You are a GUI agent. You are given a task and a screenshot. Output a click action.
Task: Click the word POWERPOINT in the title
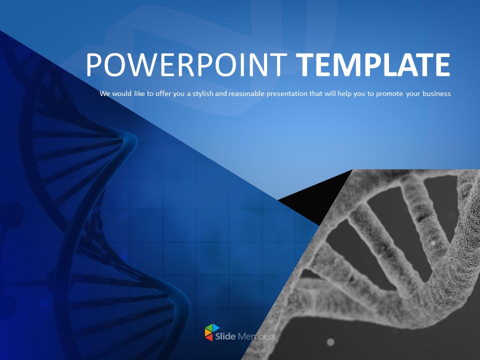(x=186, y=64)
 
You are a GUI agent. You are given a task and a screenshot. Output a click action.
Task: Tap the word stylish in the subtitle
(x=203, y=93)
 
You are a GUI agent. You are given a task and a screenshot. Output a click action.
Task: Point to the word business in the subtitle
(x=436, y=93)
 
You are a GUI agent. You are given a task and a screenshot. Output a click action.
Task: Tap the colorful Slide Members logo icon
(x=212, y=332)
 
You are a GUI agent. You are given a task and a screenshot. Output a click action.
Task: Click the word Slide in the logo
(x=225, y=336)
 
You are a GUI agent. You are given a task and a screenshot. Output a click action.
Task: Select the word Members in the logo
(x=256, y=336)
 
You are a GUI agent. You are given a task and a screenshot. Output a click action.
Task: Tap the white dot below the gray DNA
(x=330, y=341)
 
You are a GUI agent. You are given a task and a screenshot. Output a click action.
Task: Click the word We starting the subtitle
(x=104, y=93)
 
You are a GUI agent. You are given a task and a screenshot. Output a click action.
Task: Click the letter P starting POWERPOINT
(x=93, y=64)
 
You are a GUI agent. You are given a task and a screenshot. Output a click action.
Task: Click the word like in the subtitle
(x=139, y=93)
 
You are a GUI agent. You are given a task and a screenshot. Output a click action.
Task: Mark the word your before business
(x=413, y=94)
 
